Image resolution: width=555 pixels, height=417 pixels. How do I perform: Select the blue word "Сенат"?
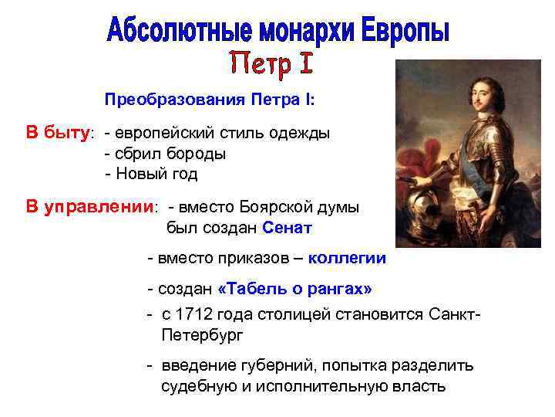[x=287, y=228]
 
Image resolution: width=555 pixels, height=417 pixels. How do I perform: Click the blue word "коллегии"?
[x=347, y=258]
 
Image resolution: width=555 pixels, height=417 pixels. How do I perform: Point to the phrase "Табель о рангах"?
[x=295, y=289]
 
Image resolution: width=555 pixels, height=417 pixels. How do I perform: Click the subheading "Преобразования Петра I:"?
[x=210, y=100]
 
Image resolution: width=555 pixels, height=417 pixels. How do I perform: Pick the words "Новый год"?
[x=156, y=174]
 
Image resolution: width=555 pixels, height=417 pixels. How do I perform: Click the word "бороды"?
[x=199, y=153]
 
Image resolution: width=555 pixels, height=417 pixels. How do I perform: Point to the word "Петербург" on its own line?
[x=202, y=336]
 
